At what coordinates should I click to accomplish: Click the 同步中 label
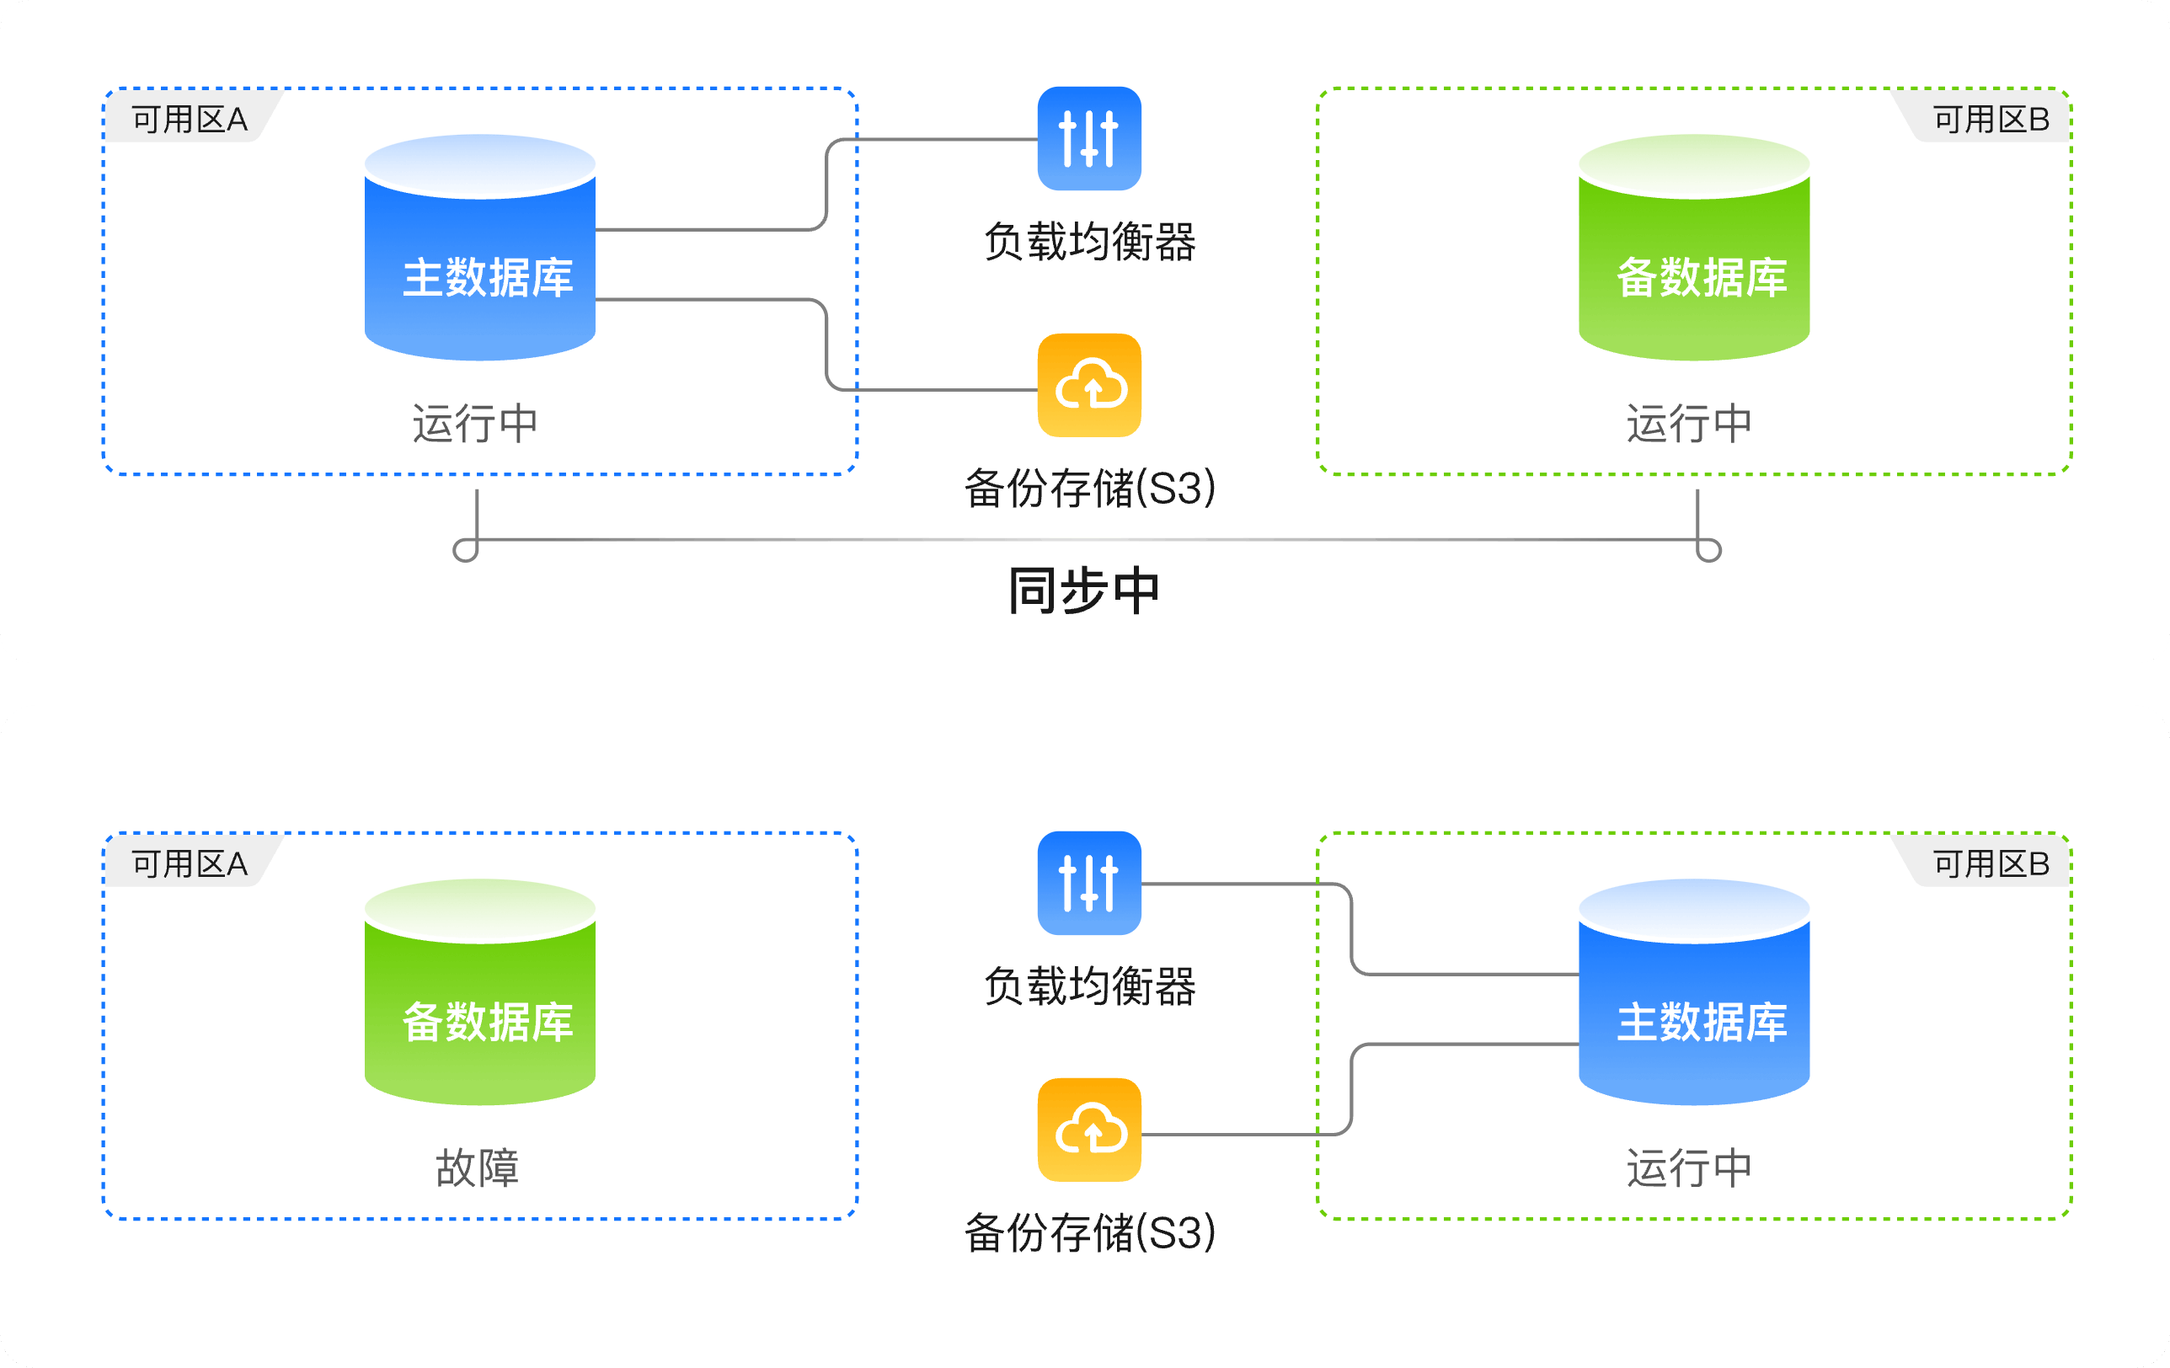(x=1084, y=591)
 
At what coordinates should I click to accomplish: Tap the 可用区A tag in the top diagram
(x=190, y=119)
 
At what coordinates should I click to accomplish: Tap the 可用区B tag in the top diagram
(x=1991, y=119)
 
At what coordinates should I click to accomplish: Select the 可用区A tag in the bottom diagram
(x=190, y=863)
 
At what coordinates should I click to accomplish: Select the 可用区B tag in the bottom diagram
(x=1991, y=863)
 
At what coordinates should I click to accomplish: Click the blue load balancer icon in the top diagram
(x=1089, y=139)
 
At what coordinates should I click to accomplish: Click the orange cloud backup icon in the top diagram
(x=1089, y=386)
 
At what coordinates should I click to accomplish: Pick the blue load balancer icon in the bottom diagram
(x=1089, y=883)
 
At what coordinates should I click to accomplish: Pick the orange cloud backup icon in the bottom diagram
(x=1089, y=1130)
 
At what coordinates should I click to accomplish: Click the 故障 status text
(x=478, y=1168)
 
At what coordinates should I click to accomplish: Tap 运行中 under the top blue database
(x=475, y=424)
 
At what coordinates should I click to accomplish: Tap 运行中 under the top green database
(x=1690, y=424)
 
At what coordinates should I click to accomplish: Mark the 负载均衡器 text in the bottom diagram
(x=1089, y=986)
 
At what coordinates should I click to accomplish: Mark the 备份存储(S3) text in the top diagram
(x=1089, y=489)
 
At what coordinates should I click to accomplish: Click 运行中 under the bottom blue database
(x=1690, y=1168)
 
